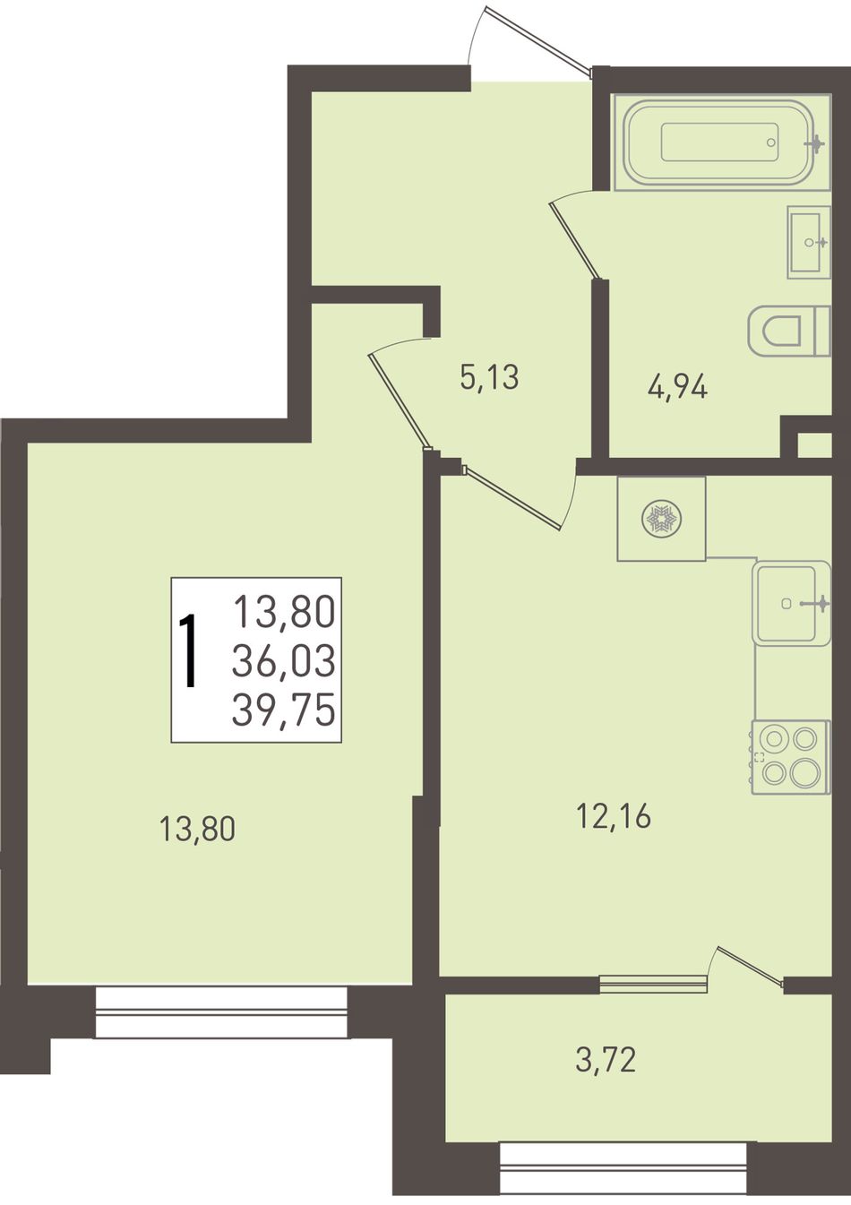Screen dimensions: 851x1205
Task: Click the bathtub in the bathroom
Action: click(722, 142)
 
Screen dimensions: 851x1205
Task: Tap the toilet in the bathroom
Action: click(790, 331)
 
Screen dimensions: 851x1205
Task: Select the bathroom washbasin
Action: click(809, 242)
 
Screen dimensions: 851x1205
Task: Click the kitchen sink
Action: click(792, 602)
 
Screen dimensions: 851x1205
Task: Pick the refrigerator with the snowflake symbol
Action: click(661, 519)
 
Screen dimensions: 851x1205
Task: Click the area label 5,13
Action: click(489, 377)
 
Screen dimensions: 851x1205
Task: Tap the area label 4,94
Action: click(676, 387)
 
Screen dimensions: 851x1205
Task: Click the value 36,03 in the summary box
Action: click(283, 661)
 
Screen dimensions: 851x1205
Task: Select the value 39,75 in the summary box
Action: click(283, 710)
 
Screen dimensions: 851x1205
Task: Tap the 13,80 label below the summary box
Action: click(197, 829)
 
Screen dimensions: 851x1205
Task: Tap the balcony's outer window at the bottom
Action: click(624, 1177)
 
